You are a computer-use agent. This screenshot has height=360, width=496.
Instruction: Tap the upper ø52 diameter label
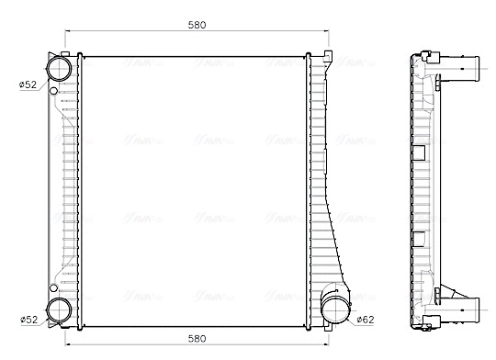coord(28,84)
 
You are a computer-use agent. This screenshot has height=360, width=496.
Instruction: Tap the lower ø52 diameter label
coord(28,320)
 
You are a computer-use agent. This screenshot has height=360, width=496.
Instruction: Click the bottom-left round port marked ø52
coord(59,309)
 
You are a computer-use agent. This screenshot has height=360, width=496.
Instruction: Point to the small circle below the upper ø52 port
coord(53,91)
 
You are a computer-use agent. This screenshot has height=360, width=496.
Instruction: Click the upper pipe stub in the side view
coord(468,68)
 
